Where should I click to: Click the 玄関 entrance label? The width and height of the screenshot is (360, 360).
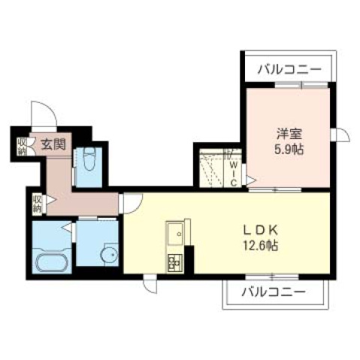(x=51, y=144)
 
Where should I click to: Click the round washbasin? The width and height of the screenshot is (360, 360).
(x=109, y=256)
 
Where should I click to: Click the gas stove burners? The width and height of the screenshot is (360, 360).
(x=176, y=263)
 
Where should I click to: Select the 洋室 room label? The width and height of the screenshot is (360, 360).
(x=286, y=135)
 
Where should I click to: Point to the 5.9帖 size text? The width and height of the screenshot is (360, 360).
(x=288, y=150)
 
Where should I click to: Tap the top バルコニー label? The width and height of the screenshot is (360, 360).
(x=289, y=70)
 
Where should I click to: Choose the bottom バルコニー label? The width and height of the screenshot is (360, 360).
(x=274, y=291)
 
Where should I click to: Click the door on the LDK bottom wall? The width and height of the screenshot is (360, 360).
(x=150, y=285)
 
